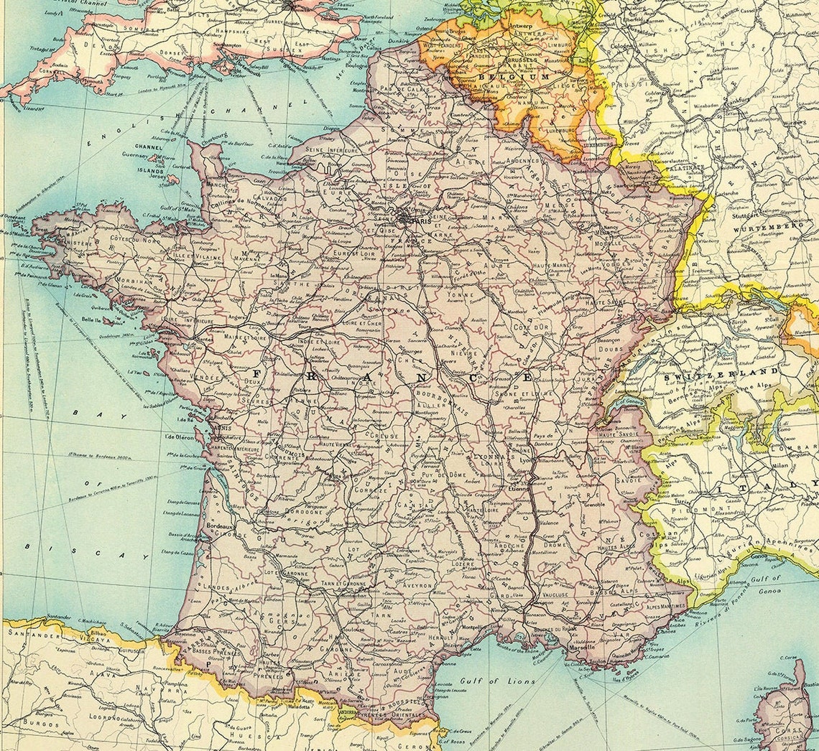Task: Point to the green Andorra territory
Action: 348,712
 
